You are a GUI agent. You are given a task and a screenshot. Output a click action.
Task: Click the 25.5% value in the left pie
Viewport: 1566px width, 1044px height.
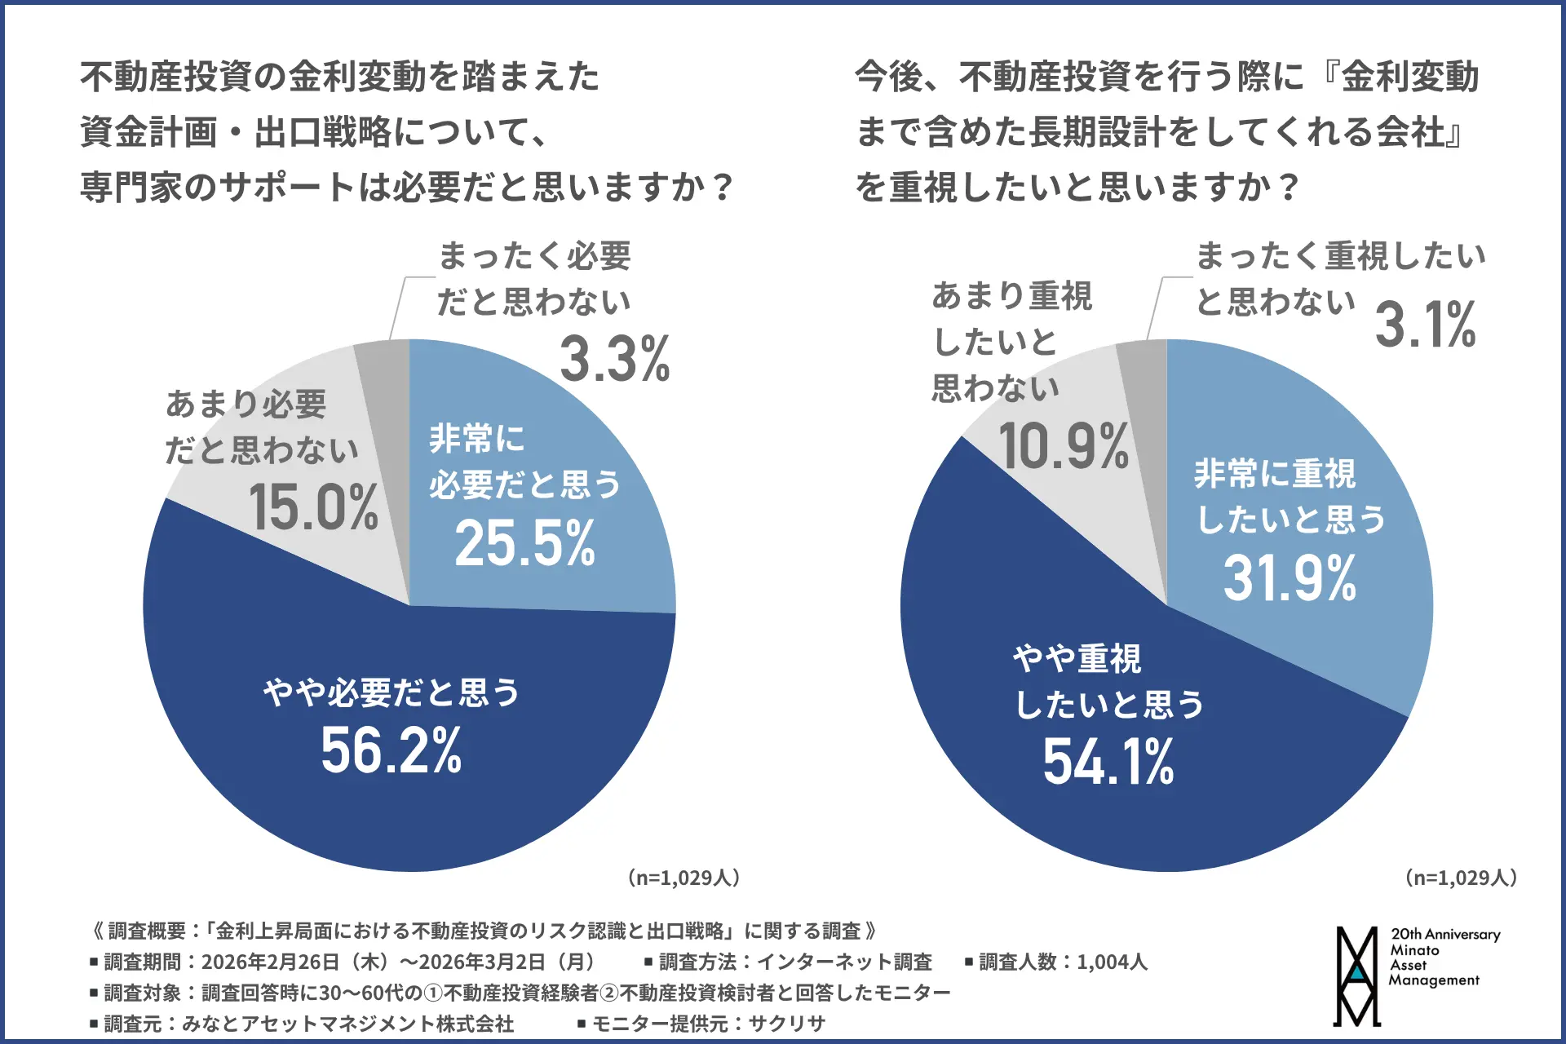coord(524,544)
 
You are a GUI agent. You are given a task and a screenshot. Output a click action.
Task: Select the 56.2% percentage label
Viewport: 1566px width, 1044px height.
coord(391,751)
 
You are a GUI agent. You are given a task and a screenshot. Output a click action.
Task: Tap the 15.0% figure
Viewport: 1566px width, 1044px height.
coord(313,507)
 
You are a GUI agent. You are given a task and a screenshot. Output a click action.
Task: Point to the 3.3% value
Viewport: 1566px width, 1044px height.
coord(614,359)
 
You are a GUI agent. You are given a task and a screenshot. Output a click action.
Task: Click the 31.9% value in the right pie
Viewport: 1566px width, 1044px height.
coord(1290,579)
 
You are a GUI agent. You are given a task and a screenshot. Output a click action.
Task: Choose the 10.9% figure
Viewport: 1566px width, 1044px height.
coord(1064,447)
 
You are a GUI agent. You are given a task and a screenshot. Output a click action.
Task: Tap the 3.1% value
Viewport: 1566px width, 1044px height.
coord(1425,325)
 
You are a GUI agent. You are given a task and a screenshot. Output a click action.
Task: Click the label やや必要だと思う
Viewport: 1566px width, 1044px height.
coord(391,693)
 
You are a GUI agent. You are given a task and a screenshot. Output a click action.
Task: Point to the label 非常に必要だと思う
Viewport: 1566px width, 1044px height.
coord(524,462)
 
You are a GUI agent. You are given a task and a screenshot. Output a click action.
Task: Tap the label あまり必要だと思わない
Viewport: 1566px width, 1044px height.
coord(261,427)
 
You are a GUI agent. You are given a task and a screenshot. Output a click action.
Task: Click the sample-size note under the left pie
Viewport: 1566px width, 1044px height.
coord(683,878)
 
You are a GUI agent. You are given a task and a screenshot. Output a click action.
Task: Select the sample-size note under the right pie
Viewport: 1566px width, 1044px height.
coord(1460,878)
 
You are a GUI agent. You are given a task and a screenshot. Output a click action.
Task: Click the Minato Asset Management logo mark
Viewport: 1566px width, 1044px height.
coord(1356,975)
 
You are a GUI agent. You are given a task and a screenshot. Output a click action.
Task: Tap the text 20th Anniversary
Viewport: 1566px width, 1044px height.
coord(1445,935)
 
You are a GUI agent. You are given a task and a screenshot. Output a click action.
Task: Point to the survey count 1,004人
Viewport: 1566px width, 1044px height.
coord(1112,962)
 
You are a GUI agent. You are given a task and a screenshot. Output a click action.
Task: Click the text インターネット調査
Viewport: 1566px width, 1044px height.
coord(844,962)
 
